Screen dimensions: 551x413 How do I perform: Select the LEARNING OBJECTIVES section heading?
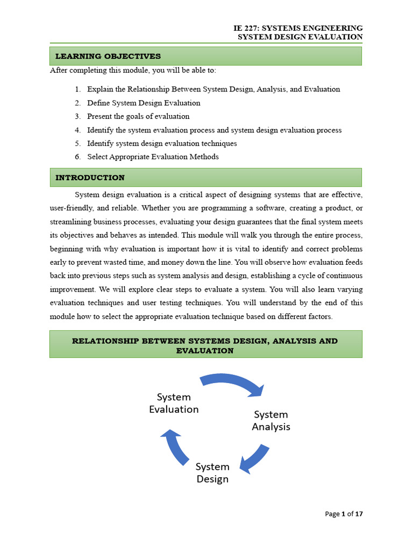coord(108,56)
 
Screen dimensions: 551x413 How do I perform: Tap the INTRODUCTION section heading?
coord(90,178)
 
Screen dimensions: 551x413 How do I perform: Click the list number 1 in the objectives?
coord(77,89)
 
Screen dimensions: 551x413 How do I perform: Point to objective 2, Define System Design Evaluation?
coord(144,103)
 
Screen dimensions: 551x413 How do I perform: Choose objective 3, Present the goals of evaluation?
coord(138,116)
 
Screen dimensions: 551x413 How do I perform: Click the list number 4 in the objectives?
coord(77,130)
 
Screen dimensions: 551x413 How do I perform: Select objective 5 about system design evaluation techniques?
coord(162,144)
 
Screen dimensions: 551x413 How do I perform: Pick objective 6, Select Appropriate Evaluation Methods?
coord(153,157)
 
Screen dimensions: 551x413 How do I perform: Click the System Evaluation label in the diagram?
coord(174,403)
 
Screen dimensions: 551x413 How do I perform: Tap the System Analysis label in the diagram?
coord(271,420)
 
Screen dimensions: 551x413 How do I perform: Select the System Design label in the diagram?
coord(212,472)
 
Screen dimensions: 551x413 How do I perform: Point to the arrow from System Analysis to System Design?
coord(254,459)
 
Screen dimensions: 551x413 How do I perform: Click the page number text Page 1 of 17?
coord(344,514)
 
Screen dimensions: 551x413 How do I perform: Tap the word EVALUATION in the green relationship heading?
coord(205,351)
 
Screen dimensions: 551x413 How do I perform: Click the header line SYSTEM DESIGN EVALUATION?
coord(300,37)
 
